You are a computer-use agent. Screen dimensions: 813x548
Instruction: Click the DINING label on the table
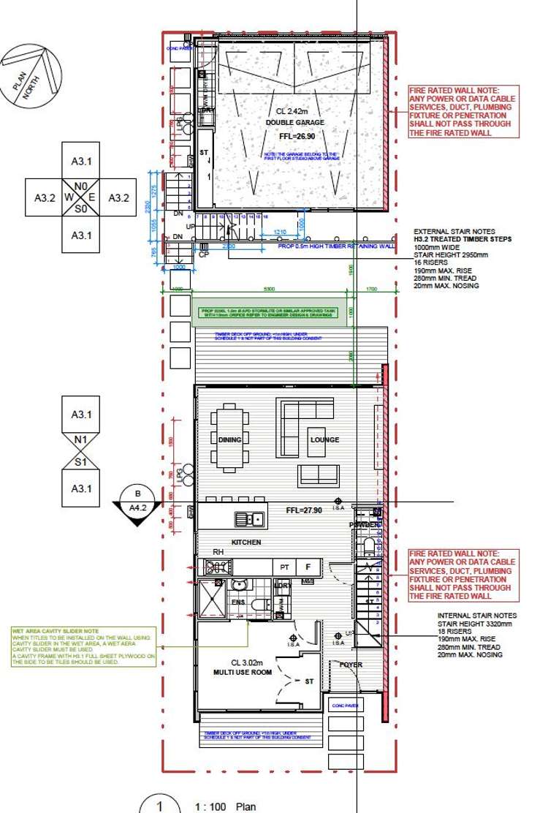(x=230, y=440)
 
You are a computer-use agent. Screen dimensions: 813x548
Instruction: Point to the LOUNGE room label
(x=324, y=440)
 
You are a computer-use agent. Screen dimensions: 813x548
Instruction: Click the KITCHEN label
(x=246, y=542)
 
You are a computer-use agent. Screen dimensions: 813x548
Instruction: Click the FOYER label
(x=351, y=665)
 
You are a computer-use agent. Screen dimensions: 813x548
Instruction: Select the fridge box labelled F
(x=308, y=567)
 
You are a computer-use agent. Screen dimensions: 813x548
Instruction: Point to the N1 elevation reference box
(x=81, y=440)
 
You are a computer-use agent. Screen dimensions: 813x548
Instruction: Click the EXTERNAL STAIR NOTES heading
(x=449, y=230)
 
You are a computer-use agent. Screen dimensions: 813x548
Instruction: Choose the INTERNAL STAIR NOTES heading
(x=477, y=616)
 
